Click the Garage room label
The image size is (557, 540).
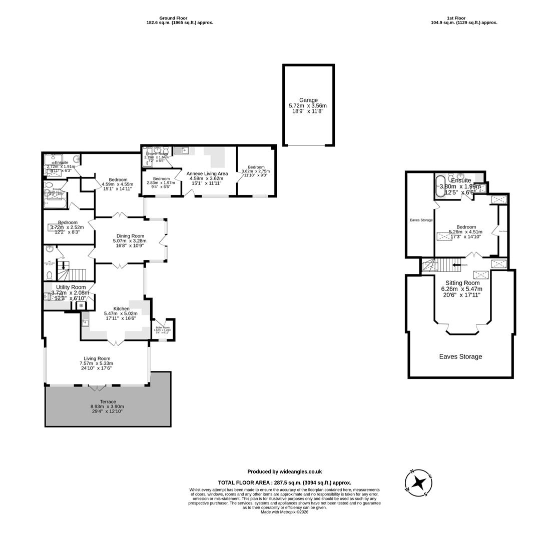tap(308, 100)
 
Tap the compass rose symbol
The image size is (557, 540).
tap(418, 483)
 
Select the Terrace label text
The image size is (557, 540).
tap(108, 401)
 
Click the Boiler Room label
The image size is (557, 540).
tap(162, 327)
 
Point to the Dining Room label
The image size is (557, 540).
tap(130, 236)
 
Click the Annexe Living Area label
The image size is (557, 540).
tap(207, 173)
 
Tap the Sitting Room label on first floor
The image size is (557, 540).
tap(462, 283)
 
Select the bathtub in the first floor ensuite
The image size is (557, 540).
tap(440, 186)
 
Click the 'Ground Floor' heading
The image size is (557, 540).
tap(173, 18)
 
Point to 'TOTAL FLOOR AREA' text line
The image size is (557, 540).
tap(284, 482)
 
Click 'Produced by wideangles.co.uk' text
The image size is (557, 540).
tap(284, 471)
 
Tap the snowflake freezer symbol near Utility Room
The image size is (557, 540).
tap(81, 305)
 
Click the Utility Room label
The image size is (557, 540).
tap(71, 287)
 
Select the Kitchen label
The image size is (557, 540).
tap(121, 308)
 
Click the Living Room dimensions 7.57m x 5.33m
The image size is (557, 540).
tap(96, 363)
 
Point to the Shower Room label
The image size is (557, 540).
tap(157, 153)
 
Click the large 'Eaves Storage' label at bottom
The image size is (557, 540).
tap(460, 356)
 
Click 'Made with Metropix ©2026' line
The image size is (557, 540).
tap(284, 512)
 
